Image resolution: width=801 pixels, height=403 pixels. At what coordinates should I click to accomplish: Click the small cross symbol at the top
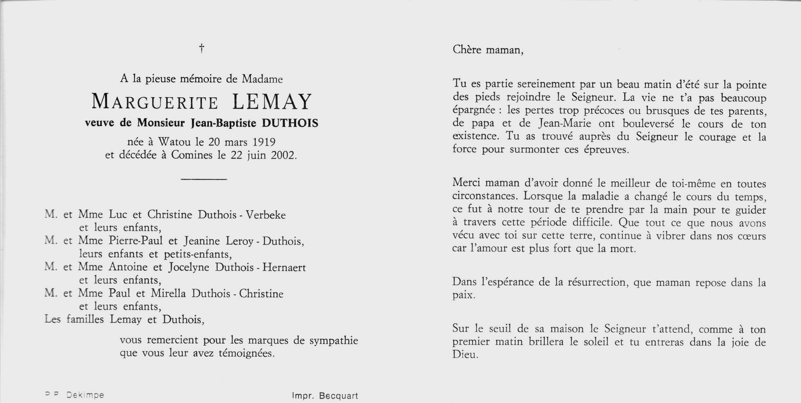coord(202,49)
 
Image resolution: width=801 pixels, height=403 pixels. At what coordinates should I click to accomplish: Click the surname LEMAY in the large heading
coord(272,102)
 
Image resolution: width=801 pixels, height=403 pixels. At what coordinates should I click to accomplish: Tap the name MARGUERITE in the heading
coord(155,102)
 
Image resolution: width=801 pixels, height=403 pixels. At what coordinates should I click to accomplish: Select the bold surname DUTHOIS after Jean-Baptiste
coord(290,123)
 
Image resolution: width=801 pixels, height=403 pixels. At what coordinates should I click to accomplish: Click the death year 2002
coord(284,155)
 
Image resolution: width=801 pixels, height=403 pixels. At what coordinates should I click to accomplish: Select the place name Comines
coord(192,155)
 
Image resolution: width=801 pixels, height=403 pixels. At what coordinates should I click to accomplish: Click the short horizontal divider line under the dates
coord(204,179)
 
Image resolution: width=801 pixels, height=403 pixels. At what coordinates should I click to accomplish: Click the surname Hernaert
coord(284,268)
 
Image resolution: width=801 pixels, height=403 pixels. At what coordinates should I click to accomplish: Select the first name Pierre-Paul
coord(136,241)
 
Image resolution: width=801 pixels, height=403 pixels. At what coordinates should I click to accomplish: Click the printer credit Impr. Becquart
coord(325,396)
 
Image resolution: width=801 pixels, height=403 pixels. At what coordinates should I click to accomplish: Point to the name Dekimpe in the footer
coord(85,395)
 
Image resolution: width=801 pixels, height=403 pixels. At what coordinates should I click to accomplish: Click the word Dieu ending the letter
coord(465,354)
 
